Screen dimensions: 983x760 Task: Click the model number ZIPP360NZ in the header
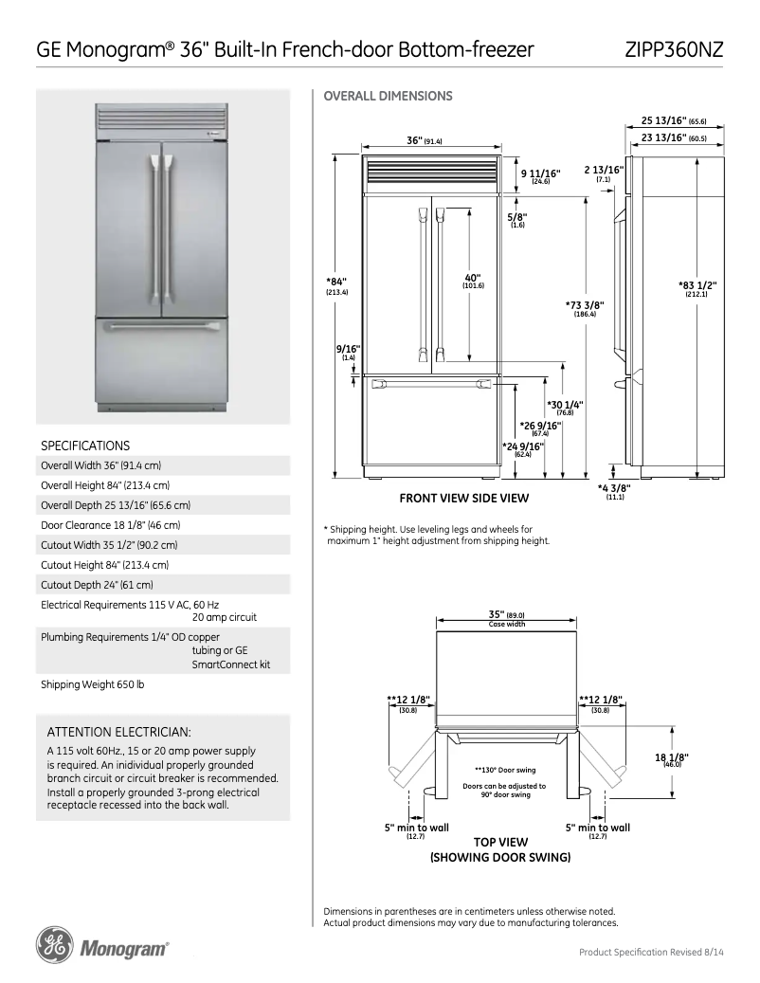674,50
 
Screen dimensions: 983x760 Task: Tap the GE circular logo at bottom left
53,945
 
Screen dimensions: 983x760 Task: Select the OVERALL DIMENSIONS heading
388,96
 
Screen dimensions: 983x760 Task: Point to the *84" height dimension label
336,282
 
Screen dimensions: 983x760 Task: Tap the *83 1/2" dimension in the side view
697,285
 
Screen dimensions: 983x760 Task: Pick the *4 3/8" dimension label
614,488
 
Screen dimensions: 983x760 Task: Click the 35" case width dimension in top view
506,614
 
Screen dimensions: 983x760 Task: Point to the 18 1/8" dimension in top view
671,756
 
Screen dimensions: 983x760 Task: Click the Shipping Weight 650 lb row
93,684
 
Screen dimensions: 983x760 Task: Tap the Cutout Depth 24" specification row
97,585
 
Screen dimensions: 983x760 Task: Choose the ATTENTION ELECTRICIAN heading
119,732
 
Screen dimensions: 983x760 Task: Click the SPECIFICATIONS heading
85,445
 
